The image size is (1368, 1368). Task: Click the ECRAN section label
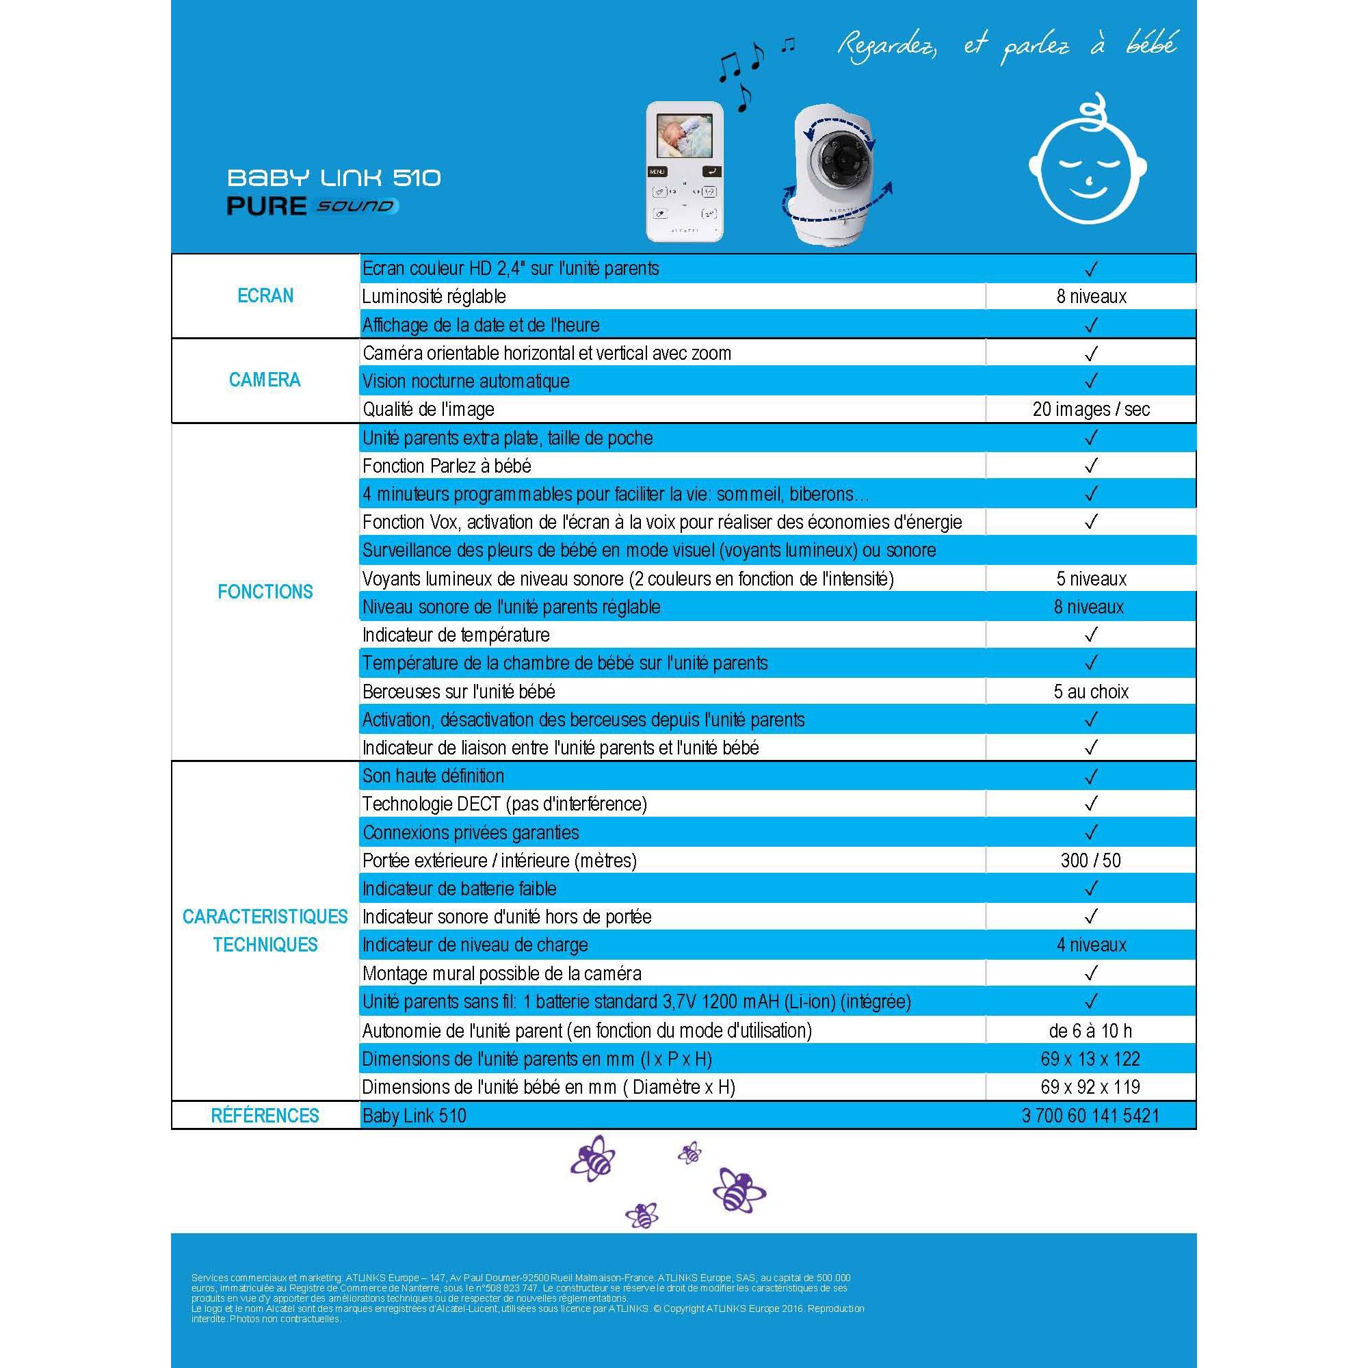(265, 296)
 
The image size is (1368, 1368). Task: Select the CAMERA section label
(265, 380)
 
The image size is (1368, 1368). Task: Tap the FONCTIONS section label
(265, 592)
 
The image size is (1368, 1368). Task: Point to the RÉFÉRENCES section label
(265, 1115)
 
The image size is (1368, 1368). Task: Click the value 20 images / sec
(1090, 409)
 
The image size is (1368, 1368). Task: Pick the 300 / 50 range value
(1090, 860)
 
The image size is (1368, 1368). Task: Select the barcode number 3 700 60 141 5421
(1090, 1116)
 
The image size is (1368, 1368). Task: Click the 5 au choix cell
(1090, 692)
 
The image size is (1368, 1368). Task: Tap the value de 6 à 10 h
(1090, 1030)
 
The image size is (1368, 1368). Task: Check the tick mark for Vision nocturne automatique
(1090, 381)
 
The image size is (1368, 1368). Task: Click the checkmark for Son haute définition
(1090, 777)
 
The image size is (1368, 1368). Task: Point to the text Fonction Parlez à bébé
(447, 466)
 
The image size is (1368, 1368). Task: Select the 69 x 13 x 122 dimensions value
(1090, 1059)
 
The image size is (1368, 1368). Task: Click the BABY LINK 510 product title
(334, 177)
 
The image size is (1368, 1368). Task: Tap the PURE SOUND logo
(313, 206)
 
